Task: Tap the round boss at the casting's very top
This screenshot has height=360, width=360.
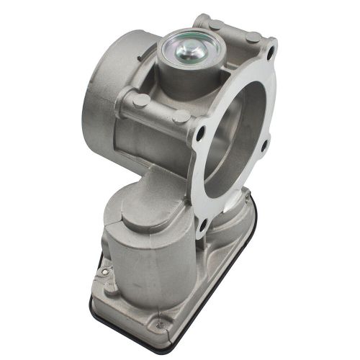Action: [x=215, y=24]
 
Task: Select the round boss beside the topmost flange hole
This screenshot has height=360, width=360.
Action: [x=253, y=36]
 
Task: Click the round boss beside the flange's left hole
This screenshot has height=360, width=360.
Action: [x=181, y=115]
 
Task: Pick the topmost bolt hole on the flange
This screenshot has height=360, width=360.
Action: [x=270, y=52]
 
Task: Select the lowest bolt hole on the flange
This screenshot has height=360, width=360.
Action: [x=204, y=225]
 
